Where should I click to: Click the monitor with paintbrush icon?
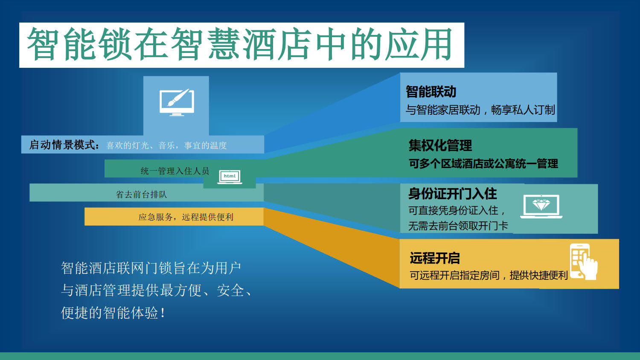(177, 102)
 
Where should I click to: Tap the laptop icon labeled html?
(230, 177)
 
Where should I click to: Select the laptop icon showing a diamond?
(541, 206)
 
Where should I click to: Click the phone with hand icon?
(583, 261)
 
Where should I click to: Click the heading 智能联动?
(431, 92)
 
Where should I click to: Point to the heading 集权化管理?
(440, 145)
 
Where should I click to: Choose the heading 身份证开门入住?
(453, 194)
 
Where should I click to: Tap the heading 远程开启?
(435, 258)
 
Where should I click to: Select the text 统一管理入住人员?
(175, 171)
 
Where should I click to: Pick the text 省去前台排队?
(141, 195)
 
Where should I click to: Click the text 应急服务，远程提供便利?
(186, 217)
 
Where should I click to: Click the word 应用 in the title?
(418, 44)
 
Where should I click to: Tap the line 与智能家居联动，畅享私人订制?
(480, 110)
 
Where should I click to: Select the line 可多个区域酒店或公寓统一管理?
(483, 163)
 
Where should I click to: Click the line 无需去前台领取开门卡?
(458, 226)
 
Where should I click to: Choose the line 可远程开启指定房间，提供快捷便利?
(489, 275)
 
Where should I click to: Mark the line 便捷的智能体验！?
(113, 313)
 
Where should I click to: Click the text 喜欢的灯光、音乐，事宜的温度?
(166, 145)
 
